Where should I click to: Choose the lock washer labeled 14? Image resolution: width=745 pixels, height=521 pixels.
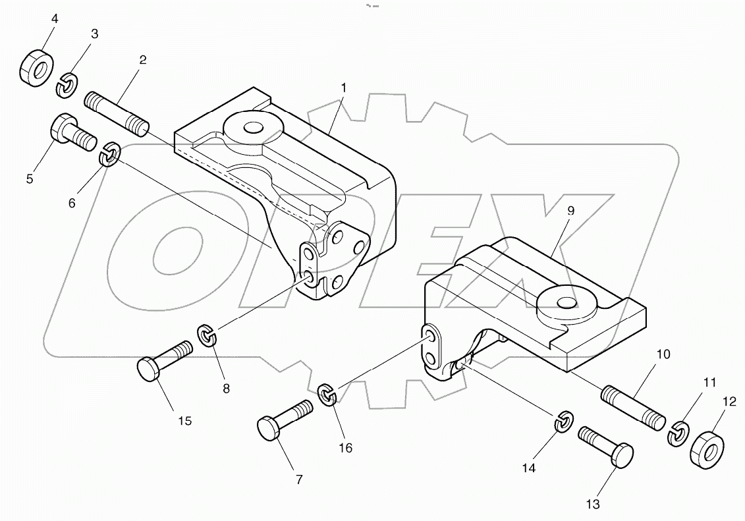[x=561, y=421]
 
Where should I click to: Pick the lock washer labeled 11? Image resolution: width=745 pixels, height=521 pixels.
[x=676, y=433]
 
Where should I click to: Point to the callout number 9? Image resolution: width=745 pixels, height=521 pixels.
[x=570, y=211]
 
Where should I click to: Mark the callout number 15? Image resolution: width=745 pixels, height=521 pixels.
[x=185, y=420]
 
